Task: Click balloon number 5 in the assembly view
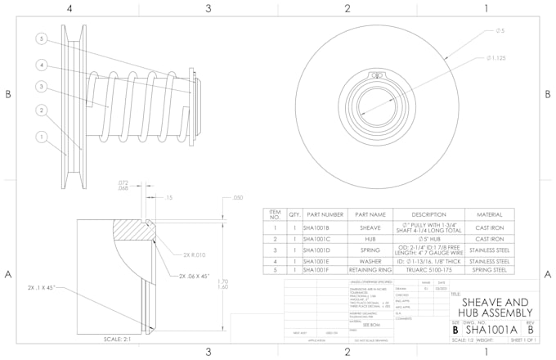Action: point(41,38)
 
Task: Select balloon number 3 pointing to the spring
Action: point(41,86)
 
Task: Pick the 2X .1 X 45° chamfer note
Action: point(42,289)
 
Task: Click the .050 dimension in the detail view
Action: point(238,198)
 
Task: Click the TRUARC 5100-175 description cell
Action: point(423,270)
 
